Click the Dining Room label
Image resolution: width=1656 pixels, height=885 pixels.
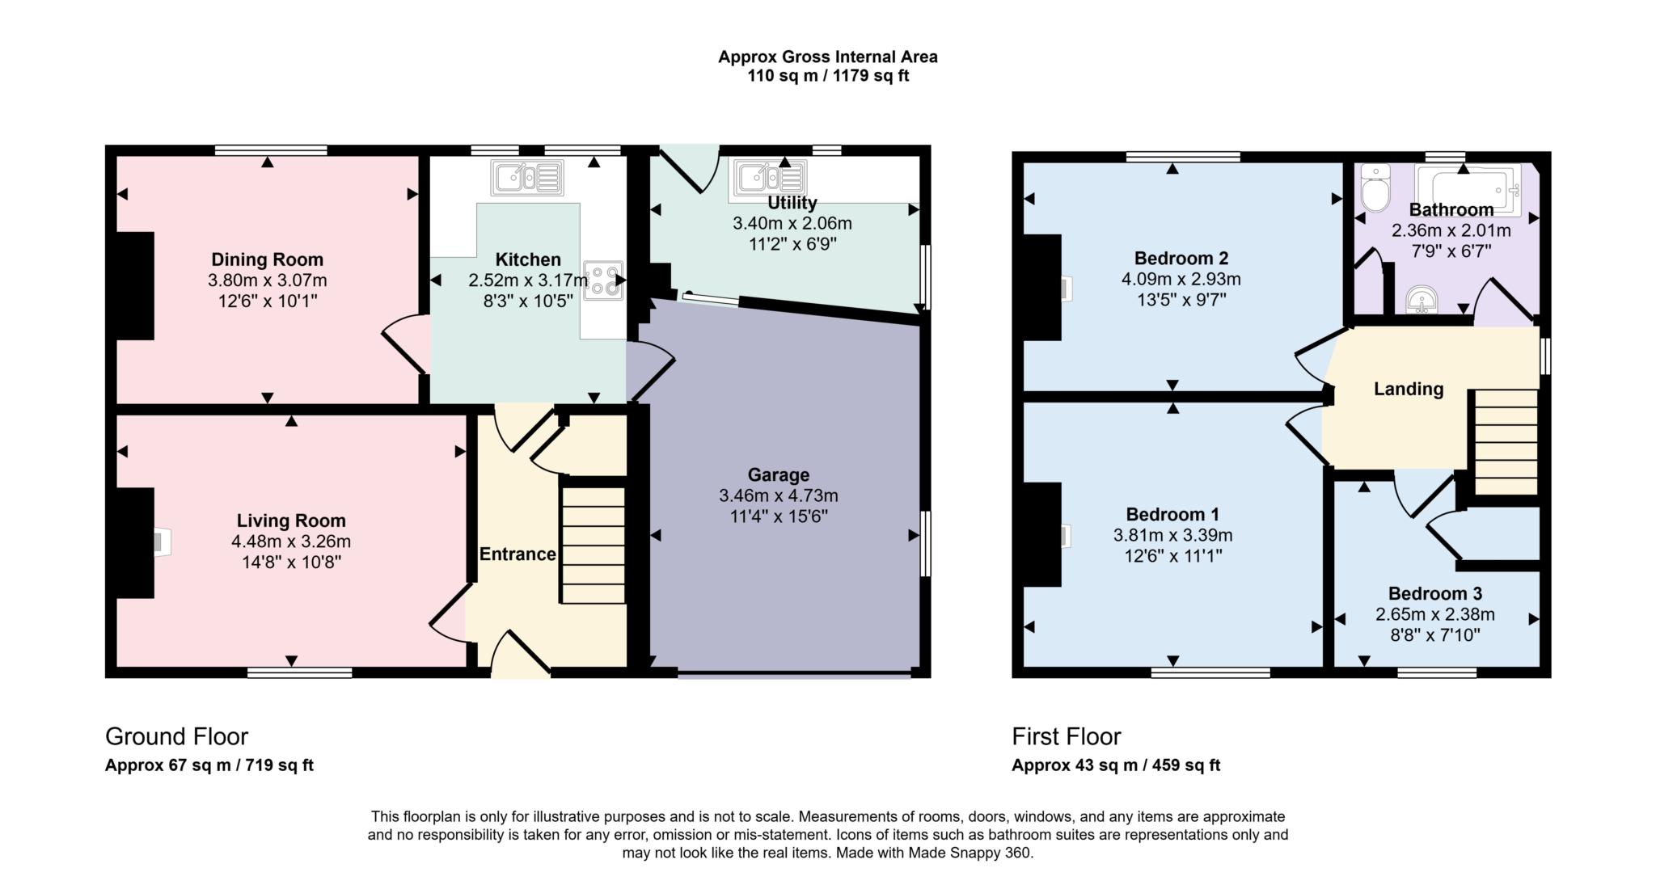[x=267, y=259]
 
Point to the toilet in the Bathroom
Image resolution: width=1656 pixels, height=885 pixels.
[x=1375, y=188]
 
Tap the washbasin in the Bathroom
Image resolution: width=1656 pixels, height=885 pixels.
[x=1421, y=301]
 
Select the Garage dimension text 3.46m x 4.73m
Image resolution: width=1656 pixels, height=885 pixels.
[x=778, y=495]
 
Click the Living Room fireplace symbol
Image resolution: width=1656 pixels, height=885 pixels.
[x=162, y=542]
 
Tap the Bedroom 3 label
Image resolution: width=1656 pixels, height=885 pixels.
[x=1434, y=593]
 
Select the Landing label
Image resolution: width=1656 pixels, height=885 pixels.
[x=1409, y=389]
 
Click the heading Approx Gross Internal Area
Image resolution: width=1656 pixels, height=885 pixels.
[x=827, y=57]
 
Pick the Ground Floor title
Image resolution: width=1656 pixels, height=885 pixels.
[x=176, y=736]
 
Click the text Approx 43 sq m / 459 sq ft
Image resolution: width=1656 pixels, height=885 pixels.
[x=1116, y=765]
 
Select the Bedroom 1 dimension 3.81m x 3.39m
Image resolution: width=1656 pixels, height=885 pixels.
[x=1172, y=535]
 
